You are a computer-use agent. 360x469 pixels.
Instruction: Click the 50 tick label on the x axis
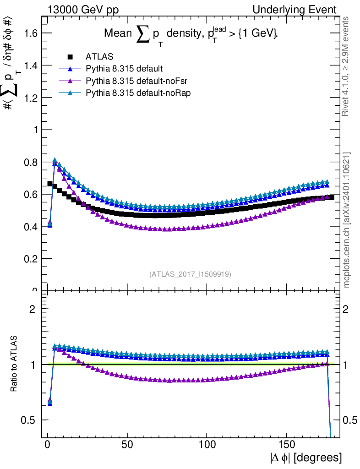[127, 444]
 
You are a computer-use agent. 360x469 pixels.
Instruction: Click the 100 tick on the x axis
[207, 444]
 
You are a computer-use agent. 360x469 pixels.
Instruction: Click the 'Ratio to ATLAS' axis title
[14, 364]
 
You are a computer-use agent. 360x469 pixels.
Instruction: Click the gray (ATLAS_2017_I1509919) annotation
[190, 274]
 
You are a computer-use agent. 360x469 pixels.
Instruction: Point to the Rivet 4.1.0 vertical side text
[347, 66]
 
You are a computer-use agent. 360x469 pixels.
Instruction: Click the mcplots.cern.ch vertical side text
[347, 220]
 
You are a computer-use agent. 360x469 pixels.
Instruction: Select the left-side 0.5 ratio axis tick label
[28, 420]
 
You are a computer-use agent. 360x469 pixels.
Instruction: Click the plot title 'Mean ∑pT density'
[191, 34]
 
